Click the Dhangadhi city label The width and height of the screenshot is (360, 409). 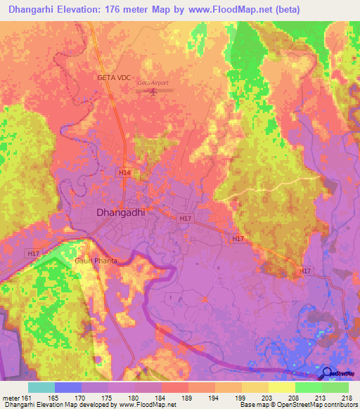pyautogui.click(x=120, y=212)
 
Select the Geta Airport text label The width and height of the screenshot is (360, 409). pyautogui.click(x=153, y=84)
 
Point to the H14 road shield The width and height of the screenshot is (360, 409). pyautogui.click(x=124, y=172)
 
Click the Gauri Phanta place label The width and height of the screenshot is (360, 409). pyautogui.click(x=96, y=260)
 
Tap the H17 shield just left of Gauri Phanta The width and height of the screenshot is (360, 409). pyautogui.click(x=33, y=253)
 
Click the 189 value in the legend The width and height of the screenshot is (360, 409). pyautogui.click(x=188, y=398)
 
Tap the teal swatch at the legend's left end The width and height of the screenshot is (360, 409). pyautogui.click(x=41, y=387)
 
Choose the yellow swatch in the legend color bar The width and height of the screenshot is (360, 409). pyautogui.click(x=282, y=387)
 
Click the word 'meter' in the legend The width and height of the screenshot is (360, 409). pyautogui.click(x=11, y=398)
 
